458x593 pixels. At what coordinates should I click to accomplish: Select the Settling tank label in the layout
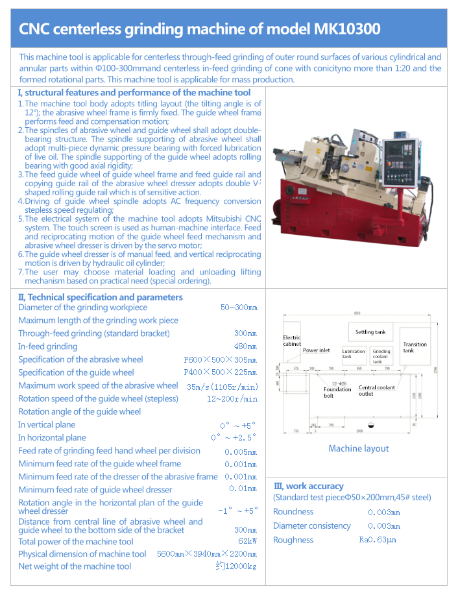[370, 332]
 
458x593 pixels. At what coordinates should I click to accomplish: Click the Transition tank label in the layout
[415, 348]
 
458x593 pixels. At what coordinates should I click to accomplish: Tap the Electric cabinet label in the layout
[292, 341]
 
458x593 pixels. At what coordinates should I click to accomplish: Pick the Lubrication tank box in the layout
[354, 354]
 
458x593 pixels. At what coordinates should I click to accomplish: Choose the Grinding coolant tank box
[381, 356]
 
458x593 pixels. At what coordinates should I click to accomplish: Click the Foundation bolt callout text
[337, 393]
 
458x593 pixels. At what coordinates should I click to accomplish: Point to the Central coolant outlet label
[376, 391]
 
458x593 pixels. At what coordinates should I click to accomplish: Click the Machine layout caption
[359, 448]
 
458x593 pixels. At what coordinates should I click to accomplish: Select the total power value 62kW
[247, 541]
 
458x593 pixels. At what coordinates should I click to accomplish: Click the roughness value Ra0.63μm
[378, 540]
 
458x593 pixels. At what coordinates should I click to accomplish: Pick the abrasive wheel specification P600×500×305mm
[220, 359]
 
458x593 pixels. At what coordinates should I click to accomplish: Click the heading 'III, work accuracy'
[308, 485]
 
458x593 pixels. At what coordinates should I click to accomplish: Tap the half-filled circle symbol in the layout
[371, 426]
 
